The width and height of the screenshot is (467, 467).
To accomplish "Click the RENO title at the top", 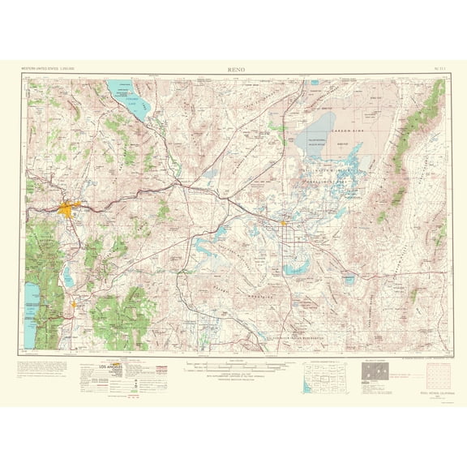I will point(236,71).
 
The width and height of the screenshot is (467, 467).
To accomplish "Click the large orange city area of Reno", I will point(67,209).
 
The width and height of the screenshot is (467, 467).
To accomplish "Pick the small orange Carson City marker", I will point(74,306).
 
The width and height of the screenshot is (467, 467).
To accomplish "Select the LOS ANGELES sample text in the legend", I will point(96,366).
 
